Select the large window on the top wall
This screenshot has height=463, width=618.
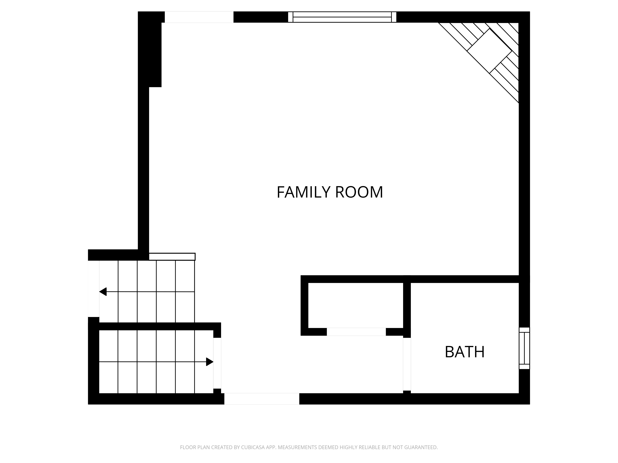[342, 17]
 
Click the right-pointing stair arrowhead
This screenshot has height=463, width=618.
[210, 362]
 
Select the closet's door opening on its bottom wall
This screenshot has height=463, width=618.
[356, 332]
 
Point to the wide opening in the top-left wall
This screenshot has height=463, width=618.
[199, 17]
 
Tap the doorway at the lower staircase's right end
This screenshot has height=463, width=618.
[217, 363]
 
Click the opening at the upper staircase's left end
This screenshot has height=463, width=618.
[94, 289]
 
